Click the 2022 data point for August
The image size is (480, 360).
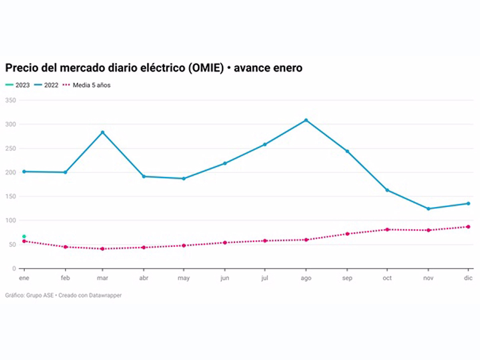[x=306, y=120]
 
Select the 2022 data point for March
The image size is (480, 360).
[x=102, y=132]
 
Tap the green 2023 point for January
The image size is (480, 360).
[x=24, y=236]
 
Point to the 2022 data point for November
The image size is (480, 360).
[x=428, y=209]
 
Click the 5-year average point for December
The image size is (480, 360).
[x=468, y=227]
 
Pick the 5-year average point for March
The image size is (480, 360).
[x=102, y=249]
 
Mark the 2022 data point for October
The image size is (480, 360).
[x=387, y=190]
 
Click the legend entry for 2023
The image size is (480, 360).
[x=18, y=85]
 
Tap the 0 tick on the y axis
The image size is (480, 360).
[x=14, y=268]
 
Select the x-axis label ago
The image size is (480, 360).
[x=306, y=278]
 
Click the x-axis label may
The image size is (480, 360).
[x=184, y=278]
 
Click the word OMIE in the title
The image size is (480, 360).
[x=203, y=68]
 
